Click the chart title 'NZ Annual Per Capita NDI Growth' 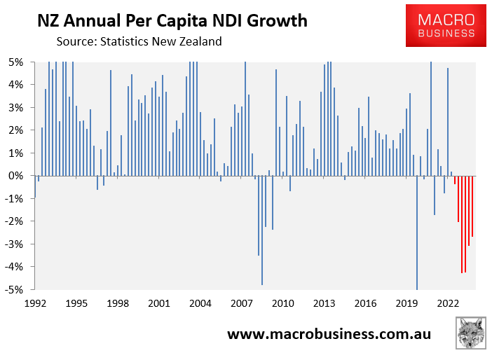tap(172, 21)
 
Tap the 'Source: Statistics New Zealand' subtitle tap(139, 41)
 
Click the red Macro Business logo tap(446, 25)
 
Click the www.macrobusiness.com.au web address tap(329, 333)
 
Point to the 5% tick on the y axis tap(15, 62)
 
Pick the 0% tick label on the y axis tap(15, 176)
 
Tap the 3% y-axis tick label tap(15, 107)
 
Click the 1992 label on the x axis tap(36, 304)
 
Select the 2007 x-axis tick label tap(242, 304)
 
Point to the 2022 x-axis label tap(448, 304)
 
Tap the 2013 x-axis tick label tap(324, 304)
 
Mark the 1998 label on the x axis tap(118, 304)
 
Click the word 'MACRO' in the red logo tap(446, 18)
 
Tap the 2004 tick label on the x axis tap(200, 304)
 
